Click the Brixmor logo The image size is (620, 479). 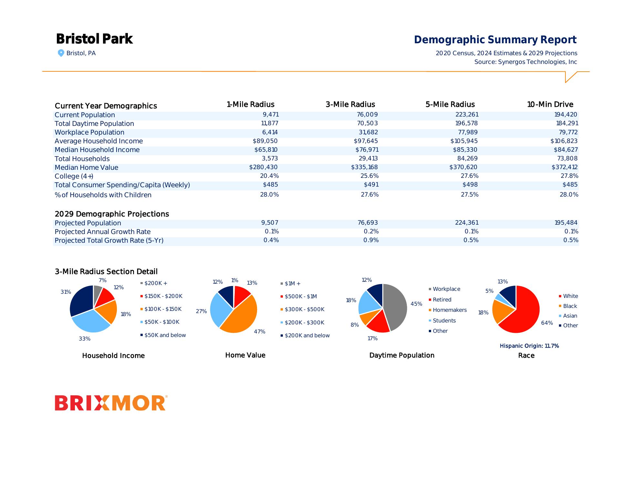(110, 403)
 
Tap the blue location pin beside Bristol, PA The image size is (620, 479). (61, 53)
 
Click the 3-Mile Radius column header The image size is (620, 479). (350, 105)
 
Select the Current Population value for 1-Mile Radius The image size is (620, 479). (271, 115)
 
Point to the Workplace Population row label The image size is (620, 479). (89, 132)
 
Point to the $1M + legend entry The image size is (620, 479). (292, 284)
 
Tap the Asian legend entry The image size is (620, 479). (570, 316)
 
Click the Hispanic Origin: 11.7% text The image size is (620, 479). (529, 346)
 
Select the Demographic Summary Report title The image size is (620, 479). (495, 40)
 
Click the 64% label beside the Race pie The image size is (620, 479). (547, 323)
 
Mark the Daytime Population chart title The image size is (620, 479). (402, 355)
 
